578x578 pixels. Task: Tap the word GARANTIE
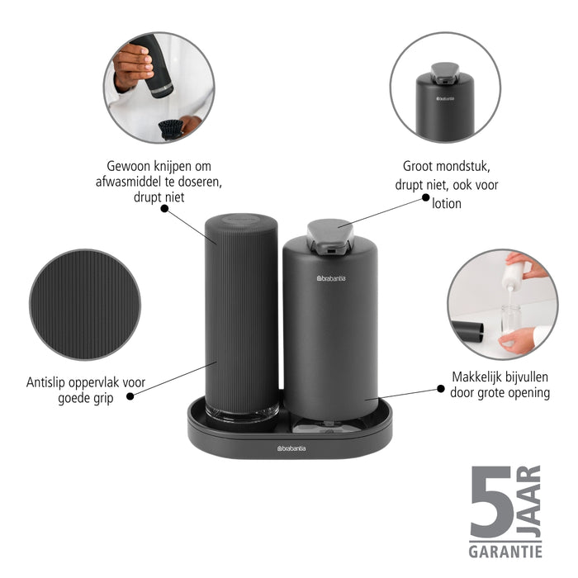point(506,551)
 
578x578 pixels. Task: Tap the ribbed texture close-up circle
point(84,304)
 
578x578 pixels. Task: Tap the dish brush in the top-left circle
point(171,128)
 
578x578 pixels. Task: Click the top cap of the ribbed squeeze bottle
point(241,222)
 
